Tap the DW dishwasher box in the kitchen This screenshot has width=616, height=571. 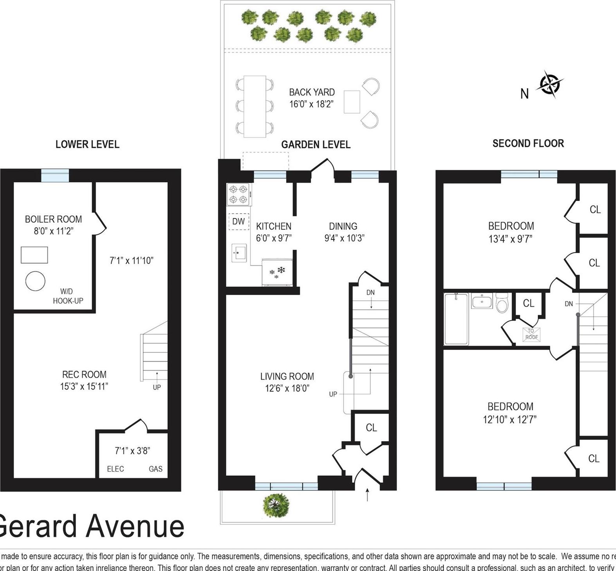tap(238, 221)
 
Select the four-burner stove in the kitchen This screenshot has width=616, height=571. tap(239, 194)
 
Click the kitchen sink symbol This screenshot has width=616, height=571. tap(238, 253)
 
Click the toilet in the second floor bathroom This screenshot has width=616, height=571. tap(502, 303)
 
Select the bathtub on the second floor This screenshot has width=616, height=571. tap(456, 319)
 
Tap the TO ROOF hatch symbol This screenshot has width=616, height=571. tap(531, 334)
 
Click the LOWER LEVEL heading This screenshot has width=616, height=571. tap(87, 144)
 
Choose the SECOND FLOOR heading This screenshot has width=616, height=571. tap(528, 143)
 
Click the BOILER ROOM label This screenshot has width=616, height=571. tap(53, 219)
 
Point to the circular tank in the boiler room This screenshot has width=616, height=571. tap(35, 281)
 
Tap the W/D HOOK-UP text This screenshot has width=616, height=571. tap(68, 296)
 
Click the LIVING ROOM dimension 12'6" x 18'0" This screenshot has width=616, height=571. tap(287, 388)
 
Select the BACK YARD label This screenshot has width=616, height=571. tap(312, 92)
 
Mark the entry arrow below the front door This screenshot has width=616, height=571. tap(367, 495)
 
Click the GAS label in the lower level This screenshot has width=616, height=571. tap(155, 469)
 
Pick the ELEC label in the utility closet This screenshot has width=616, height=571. tap(115, 469)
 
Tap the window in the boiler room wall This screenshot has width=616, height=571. tap(55, 175)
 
